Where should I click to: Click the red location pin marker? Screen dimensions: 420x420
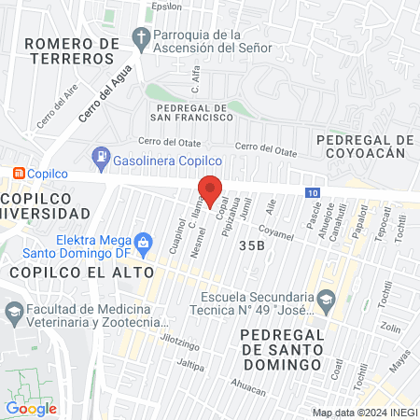[210, 190]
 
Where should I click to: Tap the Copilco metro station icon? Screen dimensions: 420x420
[18, 174]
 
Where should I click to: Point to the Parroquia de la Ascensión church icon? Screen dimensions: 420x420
[141, 38]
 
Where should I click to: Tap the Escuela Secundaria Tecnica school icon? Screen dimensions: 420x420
[325, 300]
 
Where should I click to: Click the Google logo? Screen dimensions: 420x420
[32, 408]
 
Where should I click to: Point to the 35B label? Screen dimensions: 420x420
[252, 245]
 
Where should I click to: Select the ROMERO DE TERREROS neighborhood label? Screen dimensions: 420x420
[72, 50]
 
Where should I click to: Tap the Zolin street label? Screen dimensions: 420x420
[390, 329]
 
